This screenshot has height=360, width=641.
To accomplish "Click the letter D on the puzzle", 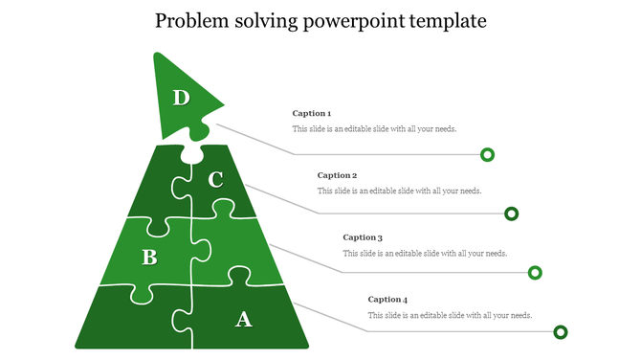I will pos(181,97).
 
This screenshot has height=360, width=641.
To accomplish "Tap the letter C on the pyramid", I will pos(215,179).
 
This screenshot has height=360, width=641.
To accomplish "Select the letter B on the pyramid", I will pos(149,257).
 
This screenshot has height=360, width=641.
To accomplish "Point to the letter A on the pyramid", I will pos(244,319).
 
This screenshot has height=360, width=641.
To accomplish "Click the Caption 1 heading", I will pos(312,114).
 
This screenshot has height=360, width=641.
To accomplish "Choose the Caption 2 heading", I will pos(337,175).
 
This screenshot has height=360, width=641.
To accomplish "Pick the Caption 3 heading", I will pos(363,237).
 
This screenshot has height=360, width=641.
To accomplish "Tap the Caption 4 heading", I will pos(387,300).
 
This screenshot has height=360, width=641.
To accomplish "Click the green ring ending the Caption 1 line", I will pos(487,154).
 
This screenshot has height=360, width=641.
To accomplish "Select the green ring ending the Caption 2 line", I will pos(512,214).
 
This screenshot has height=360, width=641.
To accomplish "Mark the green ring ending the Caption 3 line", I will pos(536,273).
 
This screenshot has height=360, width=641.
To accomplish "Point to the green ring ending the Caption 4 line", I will pos(561,332).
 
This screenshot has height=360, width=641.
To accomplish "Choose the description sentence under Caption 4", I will pos(450,315).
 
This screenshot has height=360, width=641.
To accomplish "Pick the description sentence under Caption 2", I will pos(399,191).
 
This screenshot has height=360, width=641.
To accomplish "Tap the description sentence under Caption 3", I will pos(425,253).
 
